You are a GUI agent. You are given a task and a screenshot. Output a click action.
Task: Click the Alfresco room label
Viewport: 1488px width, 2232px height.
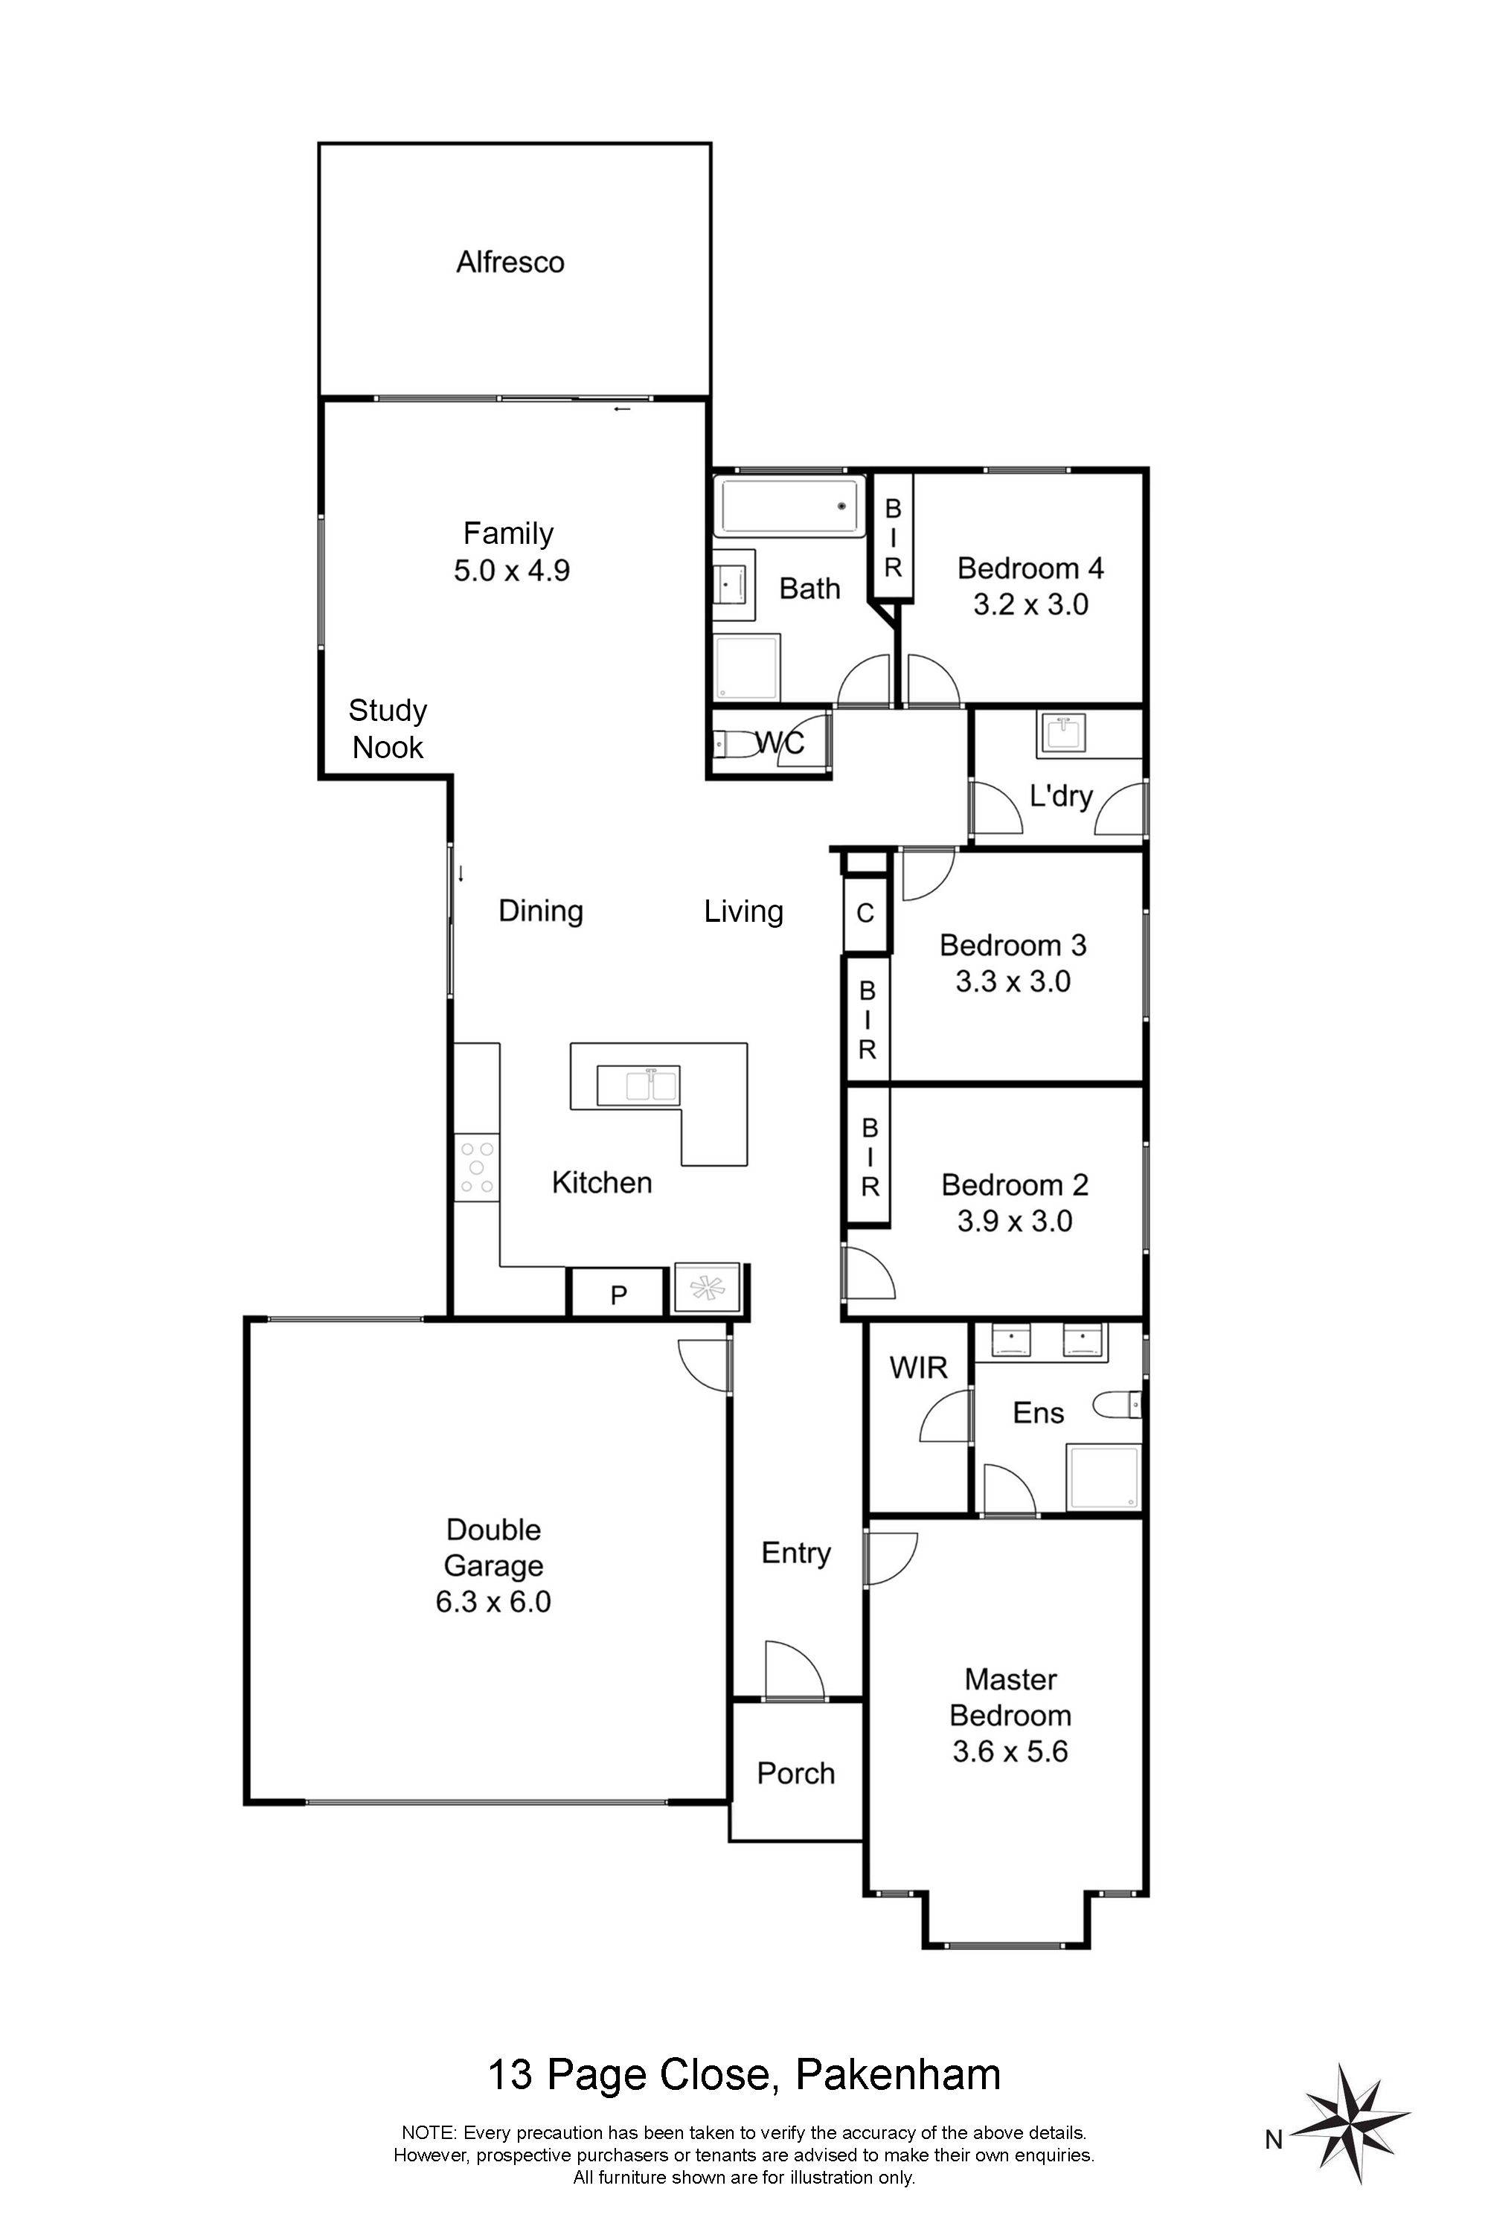[x=510, y=262]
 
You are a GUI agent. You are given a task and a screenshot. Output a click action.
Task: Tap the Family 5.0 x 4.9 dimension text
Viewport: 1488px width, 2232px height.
[x=512, y=571]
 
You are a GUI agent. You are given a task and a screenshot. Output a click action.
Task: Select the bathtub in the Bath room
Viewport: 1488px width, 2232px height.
[x=789, y=507]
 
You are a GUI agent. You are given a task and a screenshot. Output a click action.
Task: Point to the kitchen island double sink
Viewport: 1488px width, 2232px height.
[x=638, y=1085]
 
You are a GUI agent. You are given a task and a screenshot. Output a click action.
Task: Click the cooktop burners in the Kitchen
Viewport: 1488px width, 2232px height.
[x=476, y=1167]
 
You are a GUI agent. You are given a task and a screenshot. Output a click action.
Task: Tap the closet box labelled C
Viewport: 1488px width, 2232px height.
[x=865, y=913]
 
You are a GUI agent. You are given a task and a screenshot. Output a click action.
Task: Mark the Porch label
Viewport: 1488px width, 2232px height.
[x=796, y=1773]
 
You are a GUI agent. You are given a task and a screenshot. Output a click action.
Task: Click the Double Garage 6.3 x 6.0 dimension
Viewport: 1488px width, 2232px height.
[x=493, y=1601]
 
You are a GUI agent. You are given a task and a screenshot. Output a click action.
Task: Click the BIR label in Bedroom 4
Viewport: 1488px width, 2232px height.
[x=893, y=538]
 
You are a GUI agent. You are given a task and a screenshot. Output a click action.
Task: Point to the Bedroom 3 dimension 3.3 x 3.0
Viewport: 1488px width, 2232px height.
[x=1013, y=981]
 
